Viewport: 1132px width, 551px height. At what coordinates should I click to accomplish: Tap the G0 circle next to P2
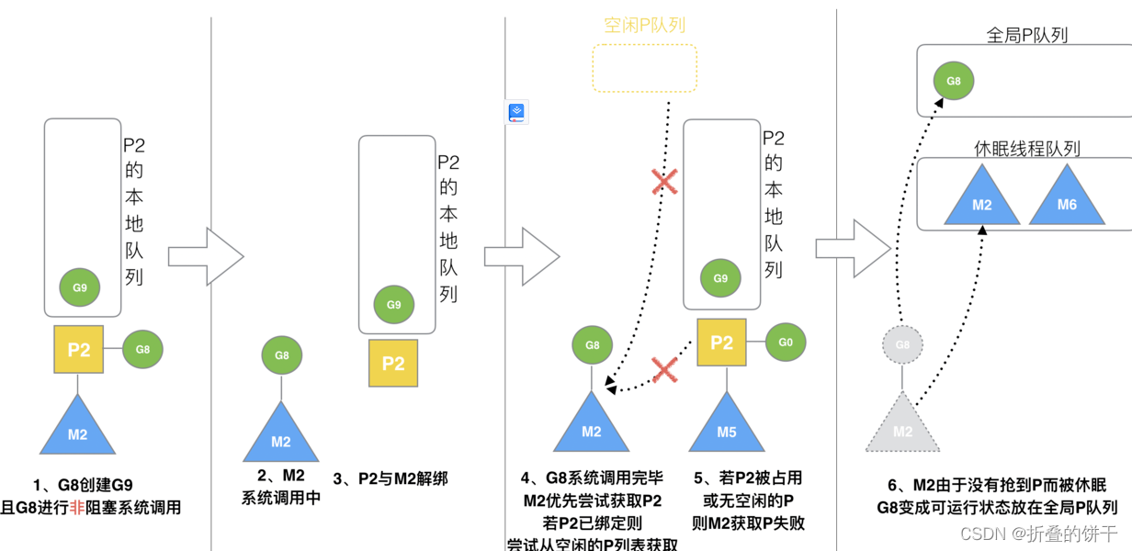point(786,343)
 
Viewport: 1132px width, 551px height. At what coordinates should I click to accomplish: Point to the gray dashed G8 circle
point(902,345)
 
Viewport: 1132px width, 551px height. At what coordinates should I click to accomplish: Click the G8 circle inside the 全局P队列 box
point(953,81)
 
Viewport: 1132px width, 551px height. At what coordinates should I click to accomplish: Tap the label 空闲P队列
point(644,26)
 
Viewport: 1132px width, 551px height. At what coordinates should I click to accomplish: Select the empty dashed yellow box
point(644,68)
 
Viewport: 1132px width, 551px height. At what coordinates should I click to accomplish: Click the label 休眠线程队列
point(1026,148)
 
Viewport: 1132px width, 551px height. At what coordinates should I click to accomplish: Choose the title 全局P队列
point(1026,36)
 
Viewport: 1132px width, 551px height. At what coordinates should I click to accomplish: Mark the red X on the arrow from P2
point(664,370)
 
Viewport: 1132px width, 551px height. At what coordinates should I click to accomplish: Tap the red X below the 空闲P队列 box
point(664,182)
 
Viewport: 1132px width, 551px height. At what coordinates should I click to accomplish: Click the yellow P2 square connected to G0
point(722,343)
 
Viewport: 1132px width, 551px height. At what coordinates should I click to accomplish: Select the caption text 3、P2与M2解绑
point(390,478)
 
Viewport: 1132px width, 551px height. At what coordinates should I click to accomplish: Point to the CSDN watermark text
point(1038,534)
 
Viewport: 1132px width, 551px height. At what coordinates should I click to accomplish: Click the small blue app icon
point(517,113)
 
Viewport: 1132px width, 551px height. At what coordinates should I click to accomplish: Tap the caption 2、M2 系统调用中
point(280,487)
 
